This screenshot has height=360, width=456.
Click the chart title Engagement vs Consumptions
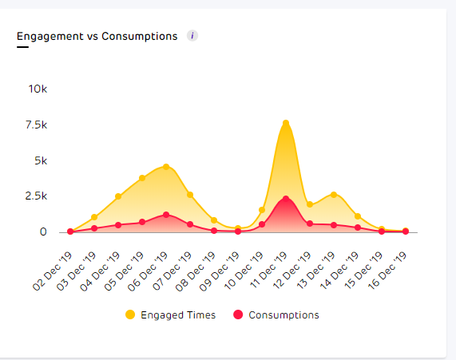(97, 36)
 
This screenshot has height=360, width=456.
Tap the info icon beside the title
(192, 36)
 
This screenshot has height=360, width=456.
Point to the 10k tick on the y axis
(38, 89)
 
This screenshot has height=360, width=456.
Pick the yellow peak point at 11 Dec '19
(285, 123)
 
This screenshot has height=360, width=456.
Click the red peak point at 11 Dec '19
(285, 199)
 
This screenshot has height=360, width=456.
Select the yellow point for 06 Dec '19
(166, 167)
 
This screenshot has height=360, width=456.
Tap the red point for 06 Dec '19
(166, 215)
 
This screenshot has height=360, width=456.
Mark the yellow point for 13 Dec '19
(334, 195)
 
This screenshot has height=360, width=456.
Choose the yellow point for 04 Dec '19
(118, 196)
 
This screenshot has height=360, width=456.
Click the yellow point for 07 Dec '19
(190, 195)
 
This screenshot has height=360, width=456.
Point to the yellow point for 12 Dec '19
(310, 205)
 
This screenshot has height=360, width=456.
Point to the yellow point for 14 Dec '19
(358, 216)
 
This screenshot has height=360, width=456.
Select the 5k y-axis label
(42, 160)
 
